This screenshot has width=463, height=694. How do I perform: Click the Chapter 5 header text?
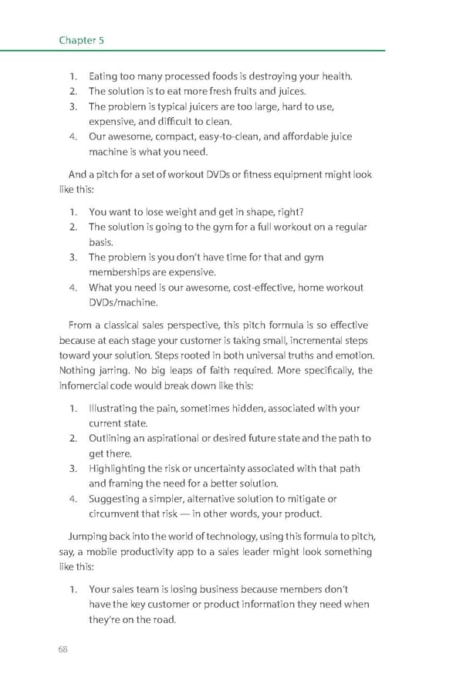(x=81, y=40)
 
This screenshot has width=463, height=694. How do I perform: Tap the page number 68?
(x=63, y=649)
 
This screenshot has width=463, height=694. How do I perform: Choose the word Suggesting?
(x=117, y=499)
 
